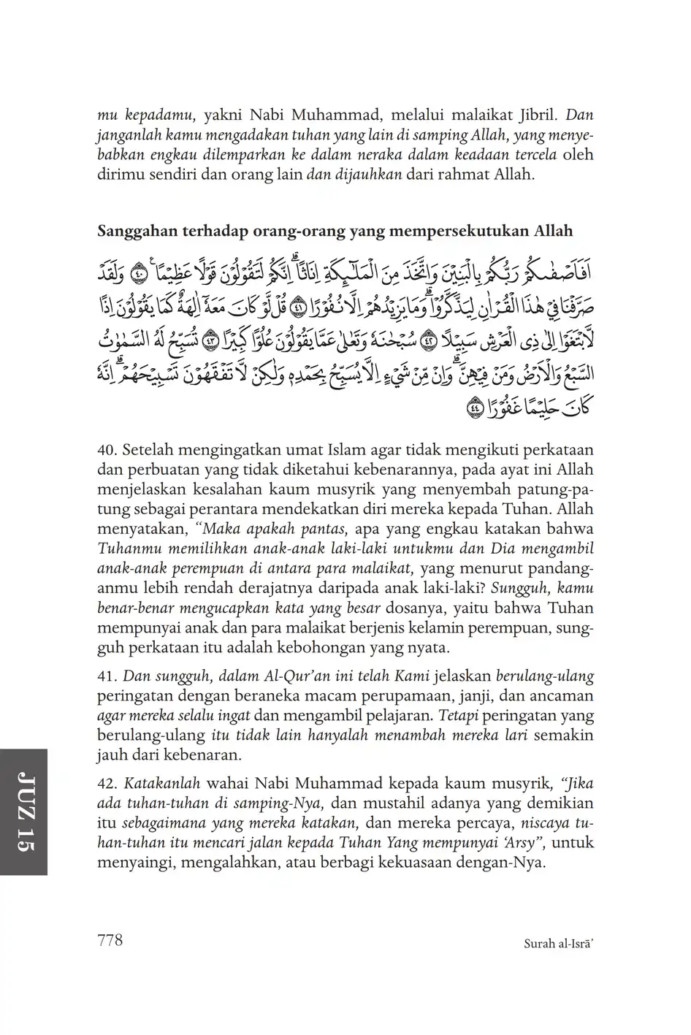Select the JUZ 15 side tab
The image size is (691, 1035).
tap(23, 811)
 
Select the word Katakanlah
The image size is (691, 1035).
tap(162, 784)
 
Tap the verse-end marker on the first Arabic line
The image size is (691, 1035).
tap(140, 275)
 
